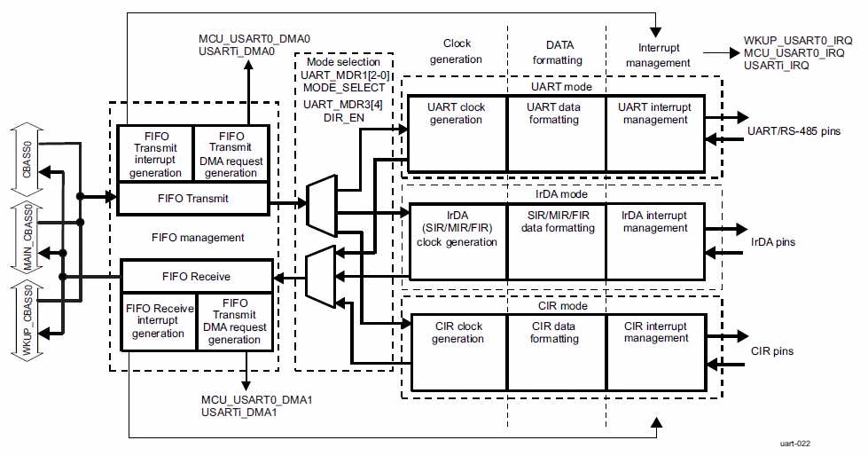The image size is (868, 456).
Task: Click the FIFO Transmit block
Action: (193, 200)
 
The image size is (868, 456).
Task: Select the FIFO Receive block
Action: (193, 276)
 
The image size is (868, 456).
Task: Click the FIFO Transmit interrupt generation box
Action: (155, 154)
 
